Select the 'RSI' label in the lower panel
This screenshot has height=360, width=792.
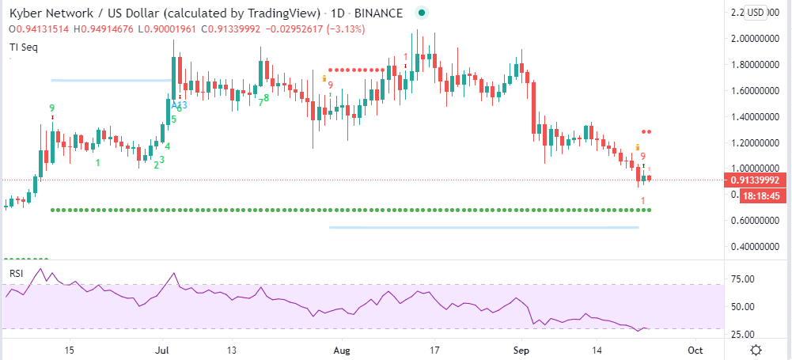[x=17, y=273]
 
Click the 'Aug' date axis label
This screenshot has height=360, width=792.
[x=342, y=349]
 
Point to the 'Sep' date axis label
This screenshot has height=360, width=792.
[x=520, y=349]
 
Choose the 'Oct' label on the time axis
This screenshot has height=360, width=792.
[x=695, y=349]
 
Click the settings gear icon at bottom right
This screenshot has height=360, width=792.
[x=757, y=349]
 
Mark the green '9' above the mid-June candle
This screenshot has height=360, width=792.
[x=51, y=108]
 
